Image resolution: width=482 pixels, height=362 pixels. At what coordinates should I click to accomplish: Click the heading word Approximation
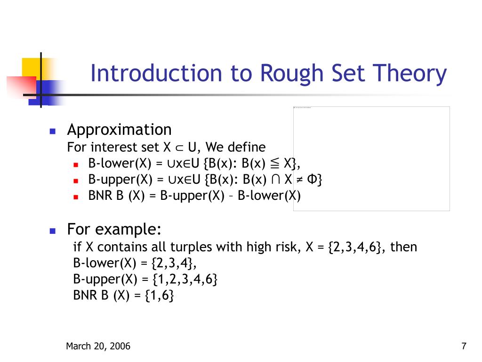pos(119,130)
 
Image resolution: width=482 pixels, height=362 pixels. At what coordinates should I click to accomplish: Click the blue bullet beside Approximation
pos(53,131)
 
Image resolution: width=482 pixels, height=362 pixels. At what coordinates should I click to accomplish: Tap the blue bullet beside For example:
pos(53,231)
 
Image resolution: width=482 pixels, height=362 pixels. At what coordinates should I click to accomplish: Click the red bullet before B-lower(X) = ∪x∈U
pos(76,165)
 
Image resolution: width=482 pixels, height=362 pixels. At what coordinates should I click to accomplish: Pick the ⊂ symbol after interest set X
pos(178,148)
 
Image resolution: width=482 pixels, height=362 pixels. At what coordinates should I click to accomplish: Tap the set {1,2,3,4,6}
pos(185,279)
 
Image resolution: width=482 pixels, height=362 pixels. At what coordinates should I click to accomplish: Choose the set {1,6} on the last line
pos(160,296)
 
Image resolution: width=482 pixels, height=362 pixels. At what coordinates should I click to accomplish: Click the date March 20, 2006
pos(98,347)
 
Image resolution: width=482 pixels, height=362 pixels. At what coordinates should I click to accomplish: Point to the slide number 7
pos(464,347)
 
